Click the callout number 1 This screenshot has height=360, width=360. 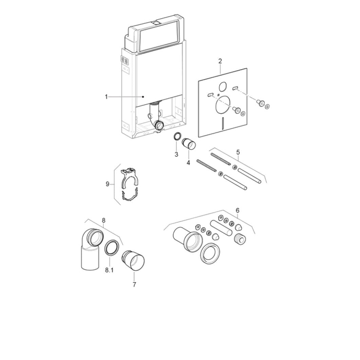coord(106,97)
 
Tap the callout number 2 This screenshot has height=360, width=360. coord(220,61)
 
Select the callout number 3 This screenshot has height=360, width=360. coord(176,154)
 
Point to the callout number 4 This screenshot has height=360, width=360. coord(188,163)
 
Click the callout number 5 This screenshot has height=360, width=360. coord(238,152)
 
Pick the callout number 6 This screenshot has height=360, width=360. coord(238,210)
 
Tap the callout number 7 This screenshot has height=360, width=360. coord(134,285)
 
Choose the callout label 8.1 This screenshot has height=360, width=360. coord(109,270)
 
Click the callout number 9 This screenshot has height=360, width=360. coord(108,184)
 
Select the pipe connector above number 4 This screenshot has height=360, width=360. coord(189,144)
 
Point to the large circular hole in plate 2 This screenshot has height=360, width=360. coord(223,105)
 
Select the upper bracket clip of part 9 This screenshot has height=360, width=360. coord(129,177)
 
